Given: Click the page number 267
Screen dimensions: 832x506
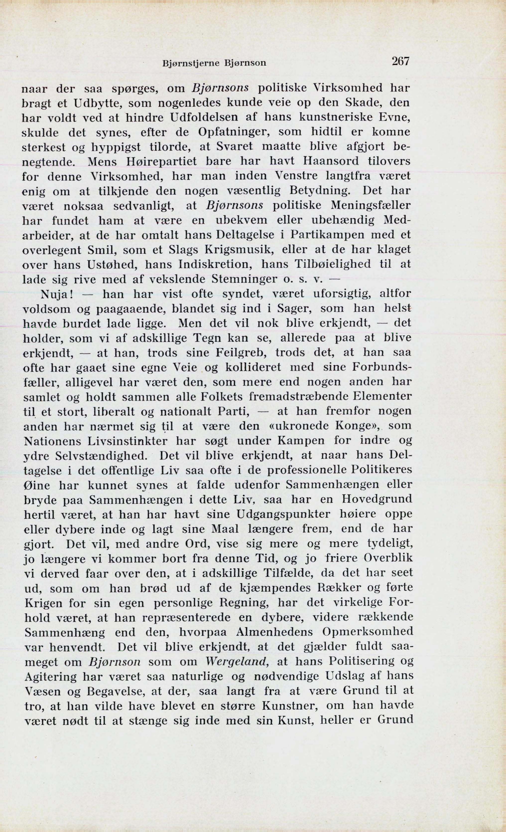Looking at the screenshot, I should [x=400, y=61].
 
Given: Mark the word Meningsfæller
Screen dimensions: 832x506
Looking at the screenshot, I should [x=370, y=205].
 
